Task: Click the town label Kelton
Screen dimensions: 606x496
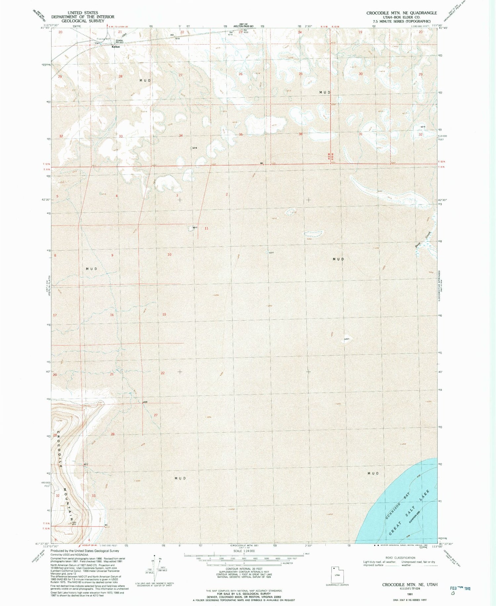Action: pyautogui.click(x=116, y=47)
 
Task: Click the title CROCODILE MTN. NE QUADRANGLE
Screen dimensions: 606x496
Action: pyautogui.click(x=401, y=13)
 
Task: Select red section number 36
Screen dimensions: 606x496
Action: pyautogui.click(x=301, y=134)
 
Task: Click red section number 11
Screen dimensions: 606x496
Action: pyautogui.click(x=206, y=228)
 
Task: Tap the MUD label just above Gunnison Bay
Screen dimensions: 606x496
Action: pyautogui.click(x=373, y=474)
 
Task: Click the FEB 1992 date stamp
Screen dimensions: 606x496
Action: pyautogui.click(x=460, y=589)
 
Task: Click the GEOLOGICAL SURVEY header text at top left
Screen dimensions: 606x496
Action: pyautogui.click(x=82, y=21)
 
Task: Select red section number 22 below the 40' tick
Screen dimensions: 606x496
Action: pyautogui.click(x=163, y=373)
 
